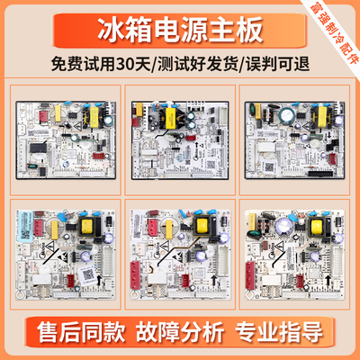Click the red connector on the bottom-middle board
(147, 280)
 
